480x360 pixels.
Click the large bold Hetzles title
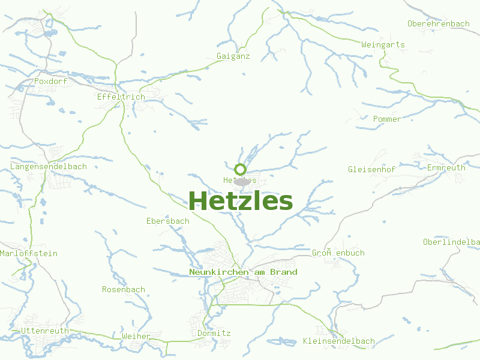click(x=241, y=200)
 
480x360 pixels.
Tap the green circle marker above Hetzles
click(x=240, y=169)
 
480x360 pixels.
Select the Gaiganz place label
click(x=233, y=56)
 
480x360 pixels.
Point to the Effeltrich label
click(x=121, y=97)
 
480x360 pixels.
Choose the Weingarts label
click(x=383, y=44)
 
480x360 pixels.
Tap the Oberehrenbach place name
click(x=438, y=23)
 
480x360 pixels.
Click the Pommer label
click(x=387, y=119)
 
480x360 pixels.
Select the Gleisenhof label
click(x=371, y=169)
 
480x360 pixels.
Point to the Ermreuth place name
click(x=446, y=167)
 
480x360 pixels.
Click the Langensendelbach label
click(x=49, y=166)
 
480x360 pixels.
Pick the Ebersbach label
click(x=168, y=221)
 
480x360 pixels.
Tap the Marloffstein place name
click(x=29, y=253)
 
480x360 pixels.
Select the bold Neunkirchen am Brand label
click(x=243, y=272)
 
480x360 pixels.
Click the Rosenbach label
click(x=124, y=289)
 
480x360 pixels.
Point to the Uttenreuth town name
click(x=45, y=331)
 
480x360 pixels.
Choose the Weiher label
click(x=136, y=336)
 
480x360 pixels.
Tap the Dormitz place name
click(x=214, y=333)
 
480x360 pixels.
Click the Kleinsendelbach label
click(x=339, y=341)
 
